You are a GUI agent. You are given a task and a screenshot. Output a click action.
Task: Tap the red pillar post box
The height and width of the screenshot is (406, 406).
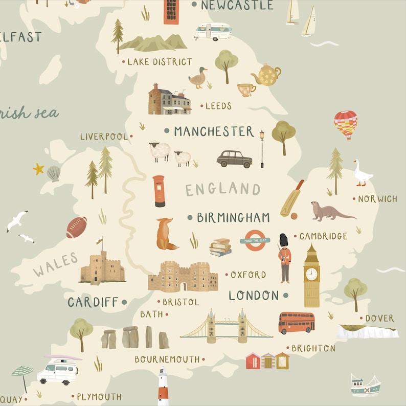pos(159,191)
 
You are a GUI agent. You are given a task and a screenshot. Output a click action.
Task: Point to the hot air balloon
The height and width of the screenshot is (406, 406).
pos(346,124)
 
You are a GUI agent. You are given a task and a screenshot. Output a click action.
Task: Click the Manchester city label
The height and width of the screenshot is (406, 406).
pos(214,131)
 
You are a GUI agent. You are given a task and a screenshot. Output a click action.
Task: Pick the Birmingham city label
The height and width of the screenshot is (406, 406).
pos(233,217)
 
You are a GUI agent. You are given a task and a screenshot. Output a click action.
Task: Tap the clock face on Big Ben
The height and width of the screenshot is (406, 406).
pos(311,275)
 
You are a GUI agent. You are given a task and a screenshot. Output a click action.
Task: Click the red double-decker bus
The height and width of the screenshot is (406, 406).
pos(297,323)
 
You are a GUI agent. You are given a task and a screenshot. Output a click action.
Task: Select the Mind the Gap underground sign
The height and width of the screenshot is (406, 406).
pos(255,240)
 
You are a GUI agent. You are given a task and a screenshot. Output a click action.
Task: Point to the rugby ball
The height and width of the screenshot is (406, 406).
pos(76,228)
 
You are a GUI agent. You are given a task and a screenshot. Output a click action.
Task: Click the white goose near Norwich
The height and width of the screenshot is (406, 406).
pos(362,173)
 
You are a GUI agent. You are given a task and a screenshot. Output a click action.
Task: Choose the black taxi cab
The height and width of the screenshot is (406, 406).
pos(234,159)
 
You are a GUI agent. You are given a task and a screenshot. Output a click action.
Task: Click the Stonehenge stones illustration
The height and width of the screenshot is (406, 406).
pos(135,337)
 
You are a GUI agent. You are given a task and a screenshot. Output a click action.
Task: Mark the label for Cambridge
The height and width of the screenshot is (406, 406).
pos(323,236)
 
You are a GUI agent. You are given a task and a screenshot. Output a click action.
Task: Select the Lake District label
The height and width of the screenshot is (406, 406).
pos(160,62)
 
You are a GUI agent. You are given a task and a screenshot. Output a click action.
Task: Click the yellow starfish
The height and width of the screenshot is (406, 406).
pos(38,169)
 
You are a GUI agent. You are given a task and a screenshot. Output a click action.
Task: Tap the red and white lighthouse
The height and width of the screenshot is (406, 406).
pos(163,387)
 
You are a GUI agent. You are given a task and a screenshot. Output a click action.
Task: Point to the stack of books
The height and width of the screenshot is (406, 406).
pos(220,247)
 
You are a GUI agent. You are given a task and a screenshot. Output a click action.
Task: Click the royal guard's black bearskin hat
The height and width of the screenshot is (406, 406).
pos(283,240)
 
